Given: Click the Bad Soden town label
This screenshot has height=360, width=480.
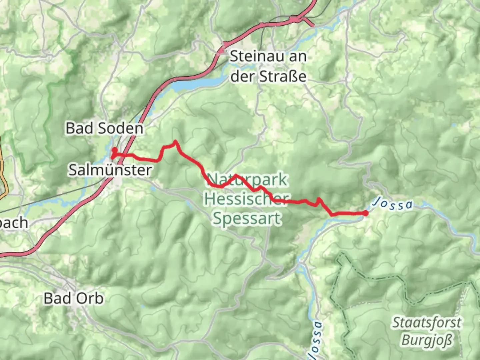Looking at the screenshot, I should (x=104, y=128).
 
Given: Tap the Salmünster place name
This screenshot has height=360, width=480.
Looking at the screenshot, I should (x=110, y=170).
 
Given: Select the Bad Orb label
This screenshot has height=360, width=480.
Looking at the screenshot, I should (x=74, y=298).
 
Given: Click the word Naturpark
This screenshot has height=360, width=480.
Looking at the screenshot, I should (x=247, y=180).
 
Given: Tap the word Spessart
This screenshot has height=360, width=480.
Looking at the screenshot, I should (x=247, y=219).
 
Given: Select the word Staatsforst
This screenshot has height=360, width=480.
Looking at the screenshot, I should (x=427, y=323).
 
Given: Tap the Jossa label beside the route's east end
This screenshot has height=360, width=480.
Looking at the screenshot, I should (x=393, y=204).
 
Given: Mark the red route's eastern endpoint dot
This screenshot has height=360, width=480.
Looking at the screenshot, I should (x=365, y=213).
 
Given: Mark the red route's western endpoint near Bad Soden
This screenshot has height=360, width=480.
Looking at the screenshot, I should (x=114, y=150).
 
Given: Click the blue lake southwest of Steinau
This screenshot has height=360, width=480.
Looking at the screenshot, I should (x=197, y=83).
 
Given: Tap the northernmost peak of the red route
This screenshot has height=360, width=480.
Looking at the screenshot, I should (x=175, y=142).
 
